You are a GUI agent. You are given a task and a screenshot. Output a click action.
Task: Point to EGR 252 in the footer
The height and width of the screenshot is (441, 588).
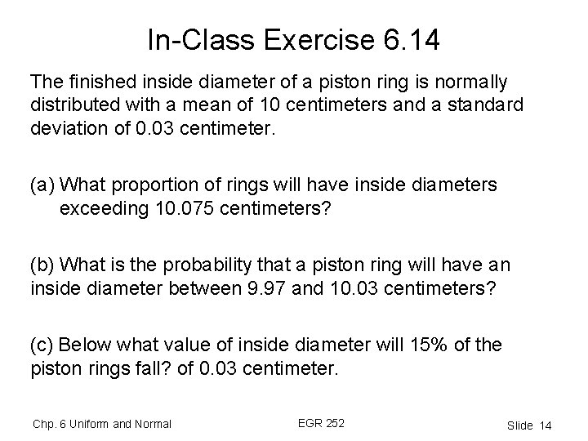click(x=322, y=422)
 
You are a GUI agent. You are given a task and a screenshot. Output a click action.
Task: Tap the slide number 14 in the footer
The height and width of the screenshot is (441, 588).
click(x=546, y=425)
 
